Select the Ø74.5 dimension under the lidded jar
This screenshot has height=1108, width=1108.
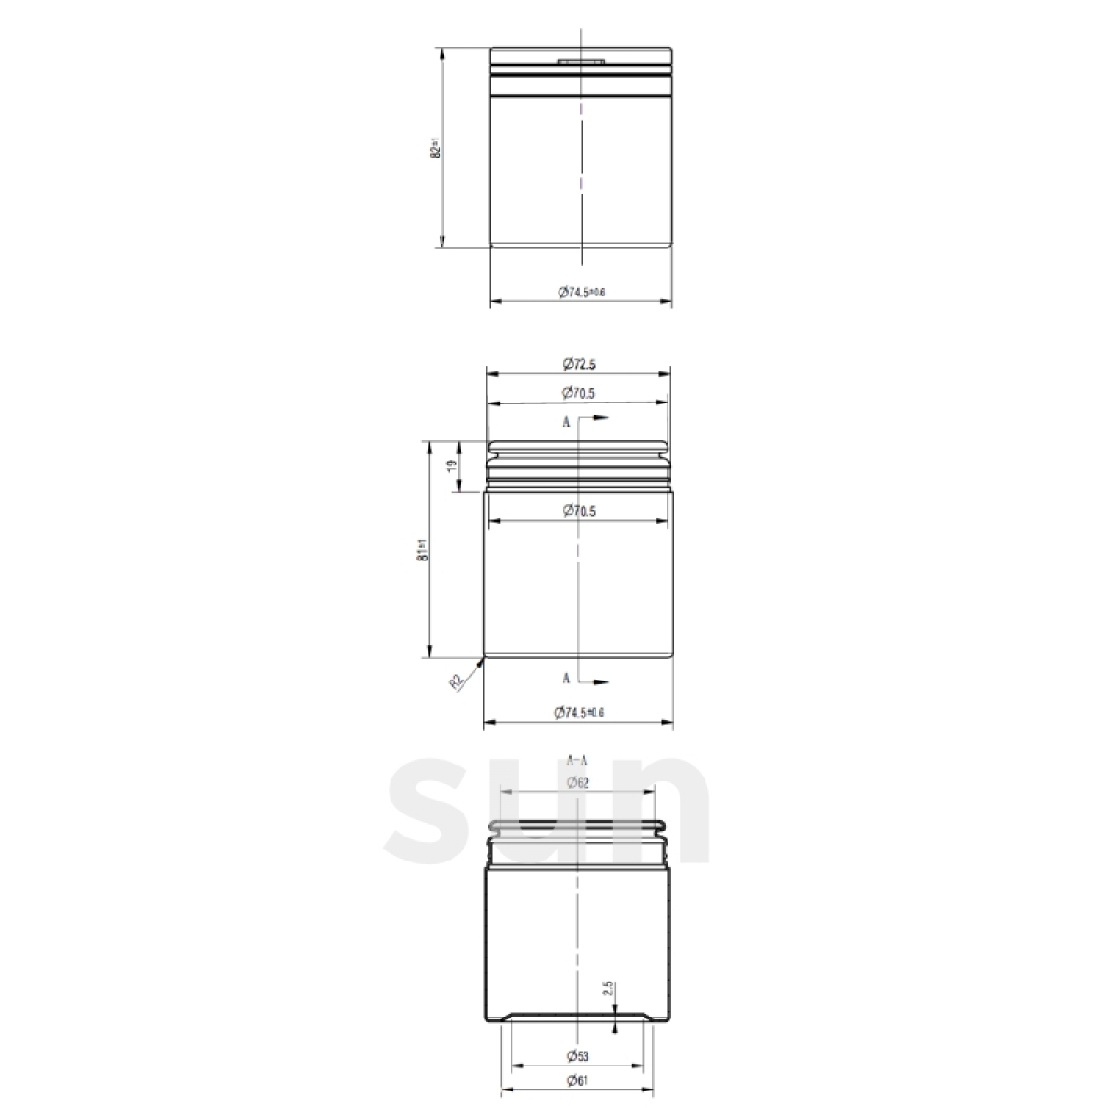(581, 292)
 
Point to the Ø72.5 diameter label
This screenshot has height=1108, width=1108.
(578, 365)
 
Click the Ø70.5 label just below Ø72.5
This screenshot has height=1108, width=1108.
(578, 393)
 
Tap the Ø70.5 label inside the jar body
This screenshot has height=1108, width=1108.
(578, 511)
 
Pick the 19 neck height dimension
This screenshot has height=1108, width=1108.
(452, 467)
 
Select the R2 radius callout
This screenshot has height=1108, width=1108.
(456, 681)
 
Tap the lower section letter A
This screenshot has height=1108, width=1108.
(566, 678)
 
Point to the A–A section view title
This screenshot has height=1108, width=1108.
(577, 760)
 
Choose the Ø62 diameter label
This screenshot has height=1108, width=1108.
(577, 783)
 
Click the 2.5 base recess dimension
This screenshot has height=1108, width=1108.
(607, 990)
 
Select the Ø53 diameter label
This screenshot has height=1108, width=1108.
(577, 1054)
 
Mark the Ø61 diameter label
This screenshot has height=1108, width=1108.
(577, 1081)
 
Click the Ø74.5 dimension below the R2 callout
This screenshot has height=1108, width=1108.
(578, 712)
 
